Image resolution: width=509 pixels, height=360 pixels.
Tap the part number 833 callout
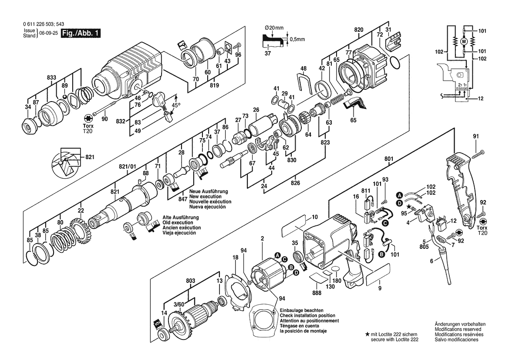(51, 77)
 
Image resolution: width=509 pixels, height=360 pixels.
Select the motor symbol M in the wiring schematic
(464, 41)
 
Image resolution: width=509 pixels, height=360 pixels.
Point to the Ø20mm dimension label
(274, 28)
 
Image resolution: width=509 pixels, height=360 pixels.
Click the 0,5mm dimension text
(297, 39)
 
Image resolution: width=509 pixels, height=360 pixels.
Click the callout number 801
(388, 159)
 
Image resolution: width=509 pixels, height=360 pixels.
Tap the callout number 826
(295, 183)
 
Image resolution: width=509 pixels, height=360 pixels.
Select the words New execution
(206, 197)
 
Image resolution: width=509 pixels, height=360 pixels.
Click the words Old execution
(178, 223)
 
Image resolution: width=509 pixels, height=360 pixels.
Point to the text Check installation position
(308, 316)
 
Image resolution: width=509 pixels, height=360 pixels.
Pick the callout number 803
(191, 281)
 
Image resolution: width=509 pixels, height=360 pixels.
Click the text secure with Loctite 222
(395, 340)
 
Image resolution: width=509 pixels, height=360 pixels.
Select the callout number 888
(317, 293)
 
